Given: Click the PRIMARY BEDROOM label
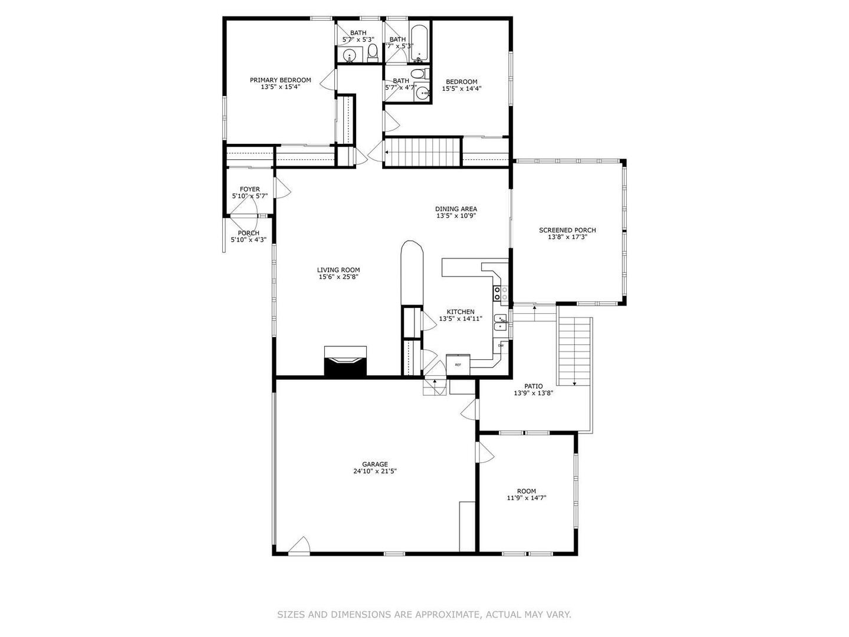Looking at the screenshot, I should coord(280,80).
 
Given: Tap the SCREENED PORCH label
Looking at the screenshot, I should coord(567,231).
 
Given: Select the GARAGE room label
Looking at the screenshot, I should coord(374,464).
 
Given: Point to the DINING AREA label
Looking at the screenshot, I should coord(456,209).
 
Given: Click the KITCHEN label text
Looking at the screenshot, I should coord(460,312).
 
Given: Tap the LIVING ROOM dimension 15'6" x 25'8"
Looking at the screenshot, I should coord(338,277).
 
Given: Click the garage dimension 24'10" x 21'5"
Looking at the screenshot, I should coord(374,471).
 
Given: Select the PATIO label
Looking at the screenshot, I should coord(534,386).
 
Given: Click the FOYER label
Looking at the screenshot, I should coord(249,189).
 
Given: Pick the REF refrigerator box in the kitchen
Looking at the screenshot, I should coord(458,365).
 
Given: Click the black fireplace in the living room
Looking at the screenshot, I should coord(345,363).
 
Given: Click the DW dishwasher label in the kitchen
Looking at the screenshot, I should coord(501,346).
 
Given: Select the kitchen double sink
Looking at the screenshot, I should coord(501,322).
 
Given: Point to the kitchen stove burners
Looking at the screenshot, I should coord(497,293).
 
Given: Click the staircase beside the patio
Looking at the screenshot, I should coord(574,349).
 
